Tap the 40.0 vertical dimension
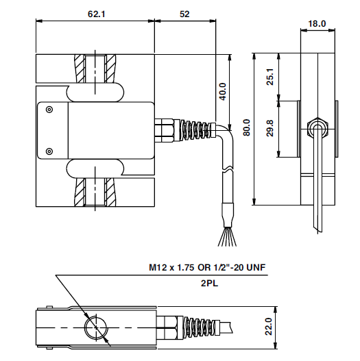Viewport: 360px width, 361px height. click(222, 91)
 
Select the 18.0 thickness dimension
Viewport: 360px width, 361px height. click(317, 23)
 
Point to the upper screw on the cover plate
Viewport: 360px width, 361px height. click(48, 109)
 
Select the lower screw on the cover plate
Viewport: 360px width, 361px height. click(48, 151)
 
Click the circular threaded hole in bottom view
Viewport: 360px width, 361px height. click(95, 327)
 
